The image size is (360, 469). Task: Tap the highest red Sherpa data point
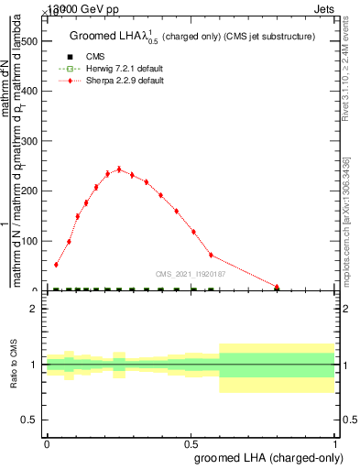point(118,169)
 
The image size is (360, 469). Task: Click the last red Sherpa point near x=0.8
point(277,287)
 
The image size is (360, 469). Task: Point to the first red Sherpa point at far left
point(56,265)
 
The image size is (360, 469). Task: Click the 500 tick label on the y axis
point(28,41)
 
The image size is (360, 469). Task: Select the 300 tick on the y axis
point(28,141)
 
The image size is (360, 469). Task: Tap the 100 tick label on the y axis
point(28,241)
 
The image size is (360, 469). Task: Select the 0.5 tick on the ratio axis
point(30,420)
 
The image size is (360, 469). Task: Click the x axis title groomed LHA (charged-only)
point(271,458)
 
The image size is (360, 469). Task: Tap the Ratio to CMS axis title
point(14,365)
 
